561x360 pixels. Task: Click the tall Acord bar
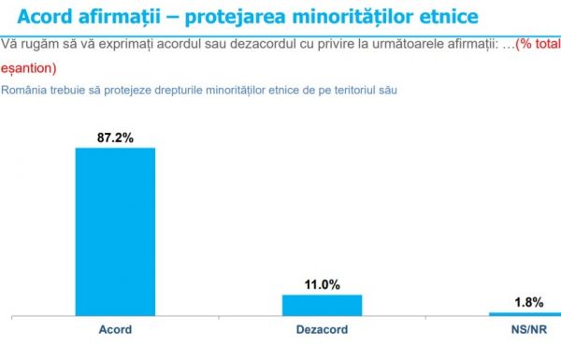click(x=115, y=231)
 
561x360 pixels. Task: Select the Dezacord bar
click(x=322, y=305)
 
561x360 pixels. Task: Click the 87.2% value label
click(x=115, y=137)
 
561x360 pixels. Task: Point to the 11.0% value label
click(x=322, y=284)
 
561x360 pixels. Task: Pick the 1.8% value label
click(x=528, y=301)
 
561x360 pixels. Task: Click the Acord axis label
click(x=115, y=330)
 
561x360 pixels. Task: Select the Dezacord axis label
click(x=322, y=330)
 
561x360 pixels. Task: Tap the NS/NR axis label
click(x=528, y=330)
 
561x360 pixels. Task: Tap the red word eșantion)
click(x=29, y=68)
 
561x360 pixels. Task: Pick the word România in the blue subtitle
click(x=24, y=91)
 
